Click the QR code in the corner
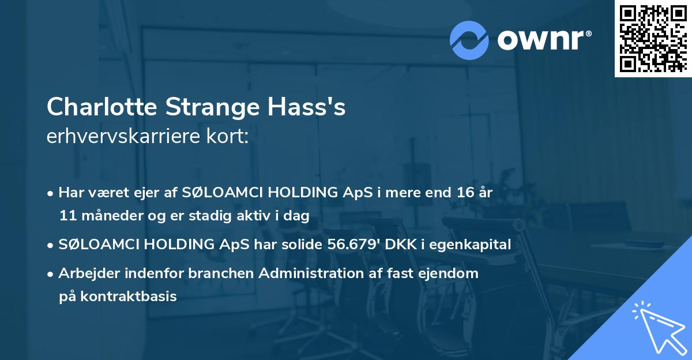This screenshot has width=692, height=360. point(653,38)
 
